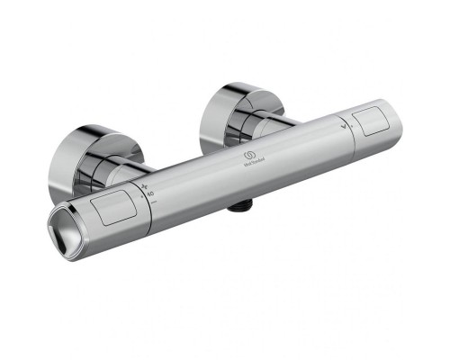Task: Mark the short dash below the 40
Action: point(154,201)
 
